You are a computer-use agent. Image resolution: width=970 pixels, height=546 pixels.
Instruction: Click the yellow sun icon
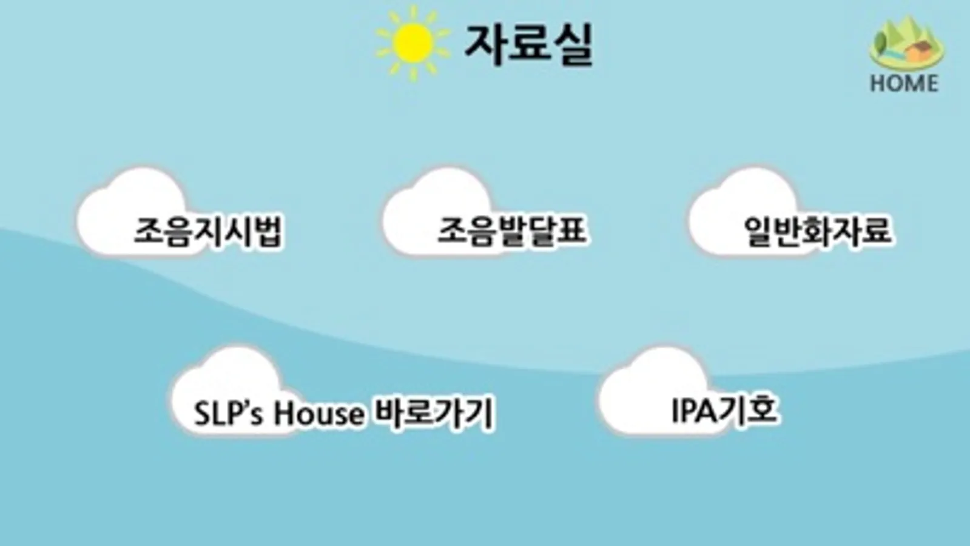point(413,43)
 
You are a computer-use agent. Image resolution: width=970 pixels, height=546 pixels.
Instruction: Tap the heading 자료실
point(528,44)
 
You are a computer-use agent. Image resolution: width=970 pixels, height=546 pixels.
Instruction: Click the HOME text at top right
point(904,83)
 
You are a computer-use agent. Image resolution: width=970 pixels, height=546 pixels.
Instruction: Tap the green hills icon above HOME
point(906,42)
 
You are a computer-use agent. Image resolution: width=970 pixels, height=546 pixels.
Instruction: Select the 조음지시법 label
point(208,231)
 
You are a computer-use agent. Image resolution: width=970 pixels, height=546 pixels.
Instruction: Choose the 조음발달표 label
point(512,231)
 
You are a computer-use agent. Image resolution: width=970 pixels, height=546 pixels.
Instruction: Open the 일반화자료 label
point(818,231)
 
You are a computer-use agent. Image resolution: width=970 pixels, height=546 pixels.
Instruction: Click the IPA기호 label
point(724,411)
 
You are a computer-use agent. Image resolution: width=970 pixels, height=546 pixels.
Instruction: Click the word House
point(318,414)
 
